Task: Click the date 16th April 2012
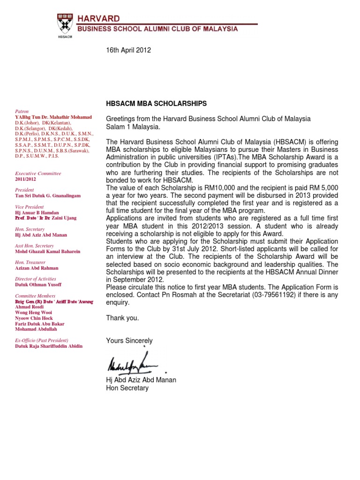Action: [x=129, y=50]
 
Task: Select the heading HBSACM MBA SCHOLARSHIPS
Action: [x=157, y=103]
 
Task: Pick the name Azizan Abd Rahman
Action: [x=37, y=268]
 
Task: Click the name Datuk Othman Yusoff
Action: [x=38, y=285]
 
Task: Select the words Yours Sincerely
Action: [x=129, y=340]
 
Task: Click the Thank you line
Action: [x=123, y=318]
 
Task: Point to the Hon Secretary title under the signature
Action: [x=127, y=388]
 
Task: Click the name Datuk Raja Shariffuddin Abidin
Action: [x=49, y=346]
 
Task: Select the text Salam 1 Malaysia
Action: [x=133, y=127]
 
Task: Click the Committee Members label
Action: [x=35, y=296]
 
